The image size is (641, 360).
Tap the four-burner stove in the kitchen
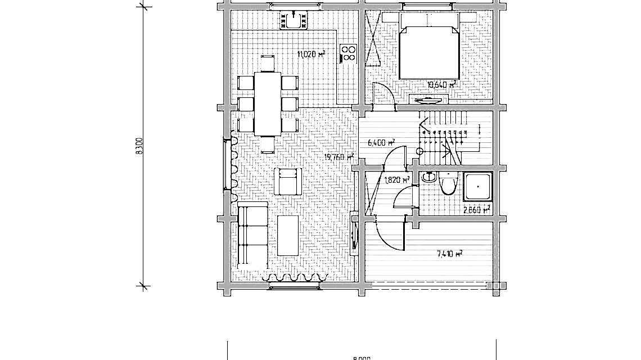pos(349,52)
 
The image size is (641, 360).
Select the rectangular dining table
pos(268,104)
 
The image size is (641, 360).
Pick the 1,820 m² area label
pos(396,181)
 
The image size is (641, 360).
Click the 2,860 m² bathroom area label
pos(476,209)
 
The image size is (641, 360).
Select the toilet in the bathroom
pos(449,184)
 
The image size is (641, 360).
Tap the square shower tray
pos(479,187)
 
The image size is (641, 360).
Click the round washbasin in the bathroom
pos(429,178)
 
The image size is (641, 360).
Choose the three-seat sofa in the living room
pos(251,236)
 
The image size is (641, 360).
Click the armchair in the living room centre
pos(289,181)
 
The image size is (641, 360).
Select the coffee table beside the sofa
pos(288,236)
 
